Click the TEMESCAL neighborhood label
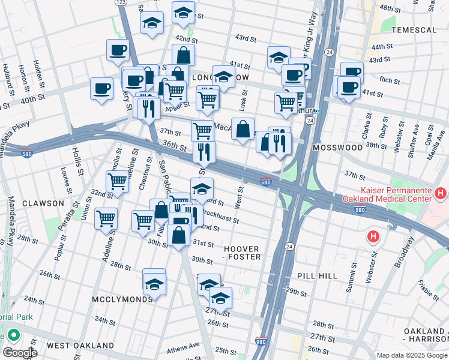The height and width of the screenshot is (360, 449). (413, 29)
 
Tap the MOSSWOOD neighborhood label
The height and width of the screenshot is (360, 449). (337, 147)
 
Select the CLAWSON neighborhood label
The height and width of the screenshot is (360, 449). (43, 203)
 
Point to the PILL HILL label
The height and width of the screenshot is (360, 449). (319, 275)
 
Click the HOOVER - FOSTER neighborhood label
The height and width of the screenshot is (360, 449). (242, 253)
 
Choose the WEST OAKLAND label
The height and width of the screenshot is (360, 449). (80, 346)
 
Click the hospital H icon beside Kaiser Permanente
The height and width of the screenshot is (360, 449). (441, 194)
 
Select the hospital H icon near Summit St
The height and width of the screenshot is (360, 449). (373, 237)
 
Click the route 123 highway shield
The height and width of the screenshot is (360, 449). (121, 3)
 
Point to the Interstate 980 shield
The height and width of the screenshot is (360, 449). (261, 340)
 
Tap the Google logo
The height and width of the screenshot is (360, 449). (20, 353)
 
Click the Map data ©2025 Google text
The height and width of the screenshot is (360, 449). (411, 355)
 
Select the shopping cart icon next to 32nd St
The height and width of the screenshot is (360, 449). (118, 181)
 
